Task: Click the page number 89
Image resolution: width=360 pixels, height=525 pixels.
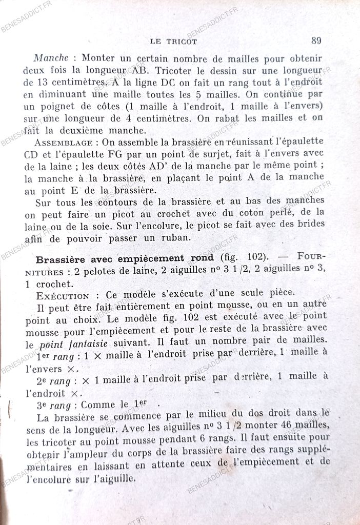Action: coord(316,40)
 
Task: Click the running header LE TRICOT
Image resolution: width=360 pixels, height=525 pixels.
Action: coord(172,42)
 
